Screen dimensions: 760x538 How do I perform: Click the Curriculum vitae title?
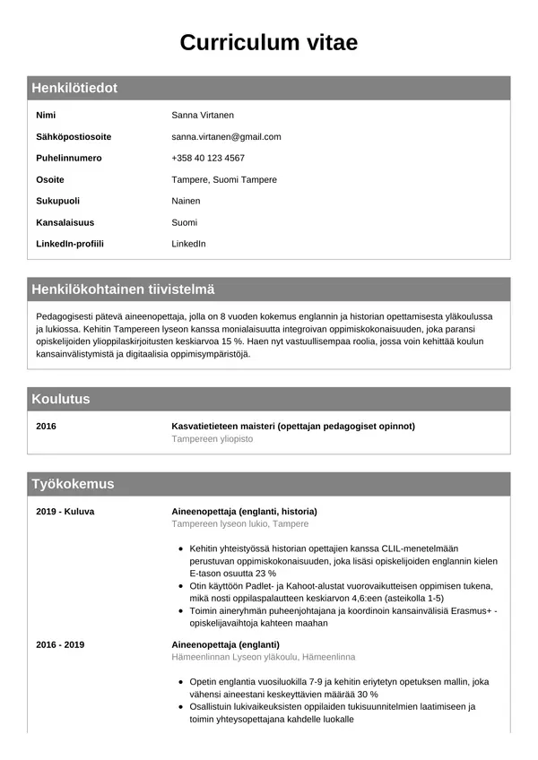click(x=269, y=43)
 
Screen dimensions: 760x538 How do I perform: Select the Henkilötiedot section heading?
click(x=74, y=88)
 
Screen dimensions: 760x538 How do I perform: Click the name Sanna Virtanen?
click(x=203, y=116)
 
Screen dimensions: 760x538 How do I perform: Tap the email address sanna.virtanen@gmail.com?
click(x=226, y=137)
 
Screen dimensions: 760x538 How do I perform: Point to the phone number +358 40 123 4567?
click(x=208, y=159)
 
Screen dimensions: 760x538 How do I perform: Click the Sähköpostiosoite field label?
click(x=74, y=137)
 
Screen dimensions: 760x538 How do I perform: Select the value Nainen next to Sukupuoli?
click(x=186, y=201)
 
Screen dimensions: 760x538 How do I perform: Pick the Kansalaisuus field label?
click(x=65, y=222)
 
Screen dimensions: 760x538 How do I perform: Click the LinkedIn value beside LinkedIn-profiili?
click(x=188, y=244)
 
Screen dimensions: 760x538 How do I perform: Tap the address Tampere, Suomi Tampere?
click(x=224, y=179)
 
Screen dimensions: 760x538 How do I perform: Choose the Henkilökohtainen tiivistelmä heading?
click(x=123, y=289)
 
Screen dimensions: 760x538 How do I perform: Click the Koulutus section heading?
click(x=61, y=399)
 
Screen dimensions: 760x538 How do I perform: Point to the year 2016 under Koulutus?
click(x=46, y=427)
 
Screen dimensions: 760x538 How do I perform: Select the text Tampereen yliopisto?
click(x=213, y=439)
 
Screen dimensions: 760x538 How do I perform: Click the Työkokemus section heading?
click(x=73, y=484)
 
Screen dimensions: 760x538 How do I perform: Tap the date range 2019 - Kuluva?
click(x=65, y=512)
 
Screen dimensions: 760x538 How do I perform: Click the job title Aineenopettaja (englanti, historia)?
click(x=244, y=512)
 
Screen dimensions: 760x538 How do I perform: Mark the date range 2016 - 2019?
click(x=60, y=644)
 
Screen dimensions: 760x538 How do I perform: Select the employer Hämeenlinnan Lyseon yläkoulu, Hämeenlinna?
click(x=264, y=657)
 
